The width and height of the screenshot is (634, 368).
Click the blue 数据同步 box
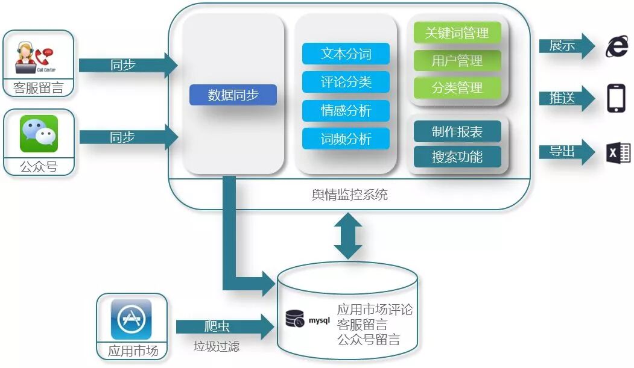click(233, 95)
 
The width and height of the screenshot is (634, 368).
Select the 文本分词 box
click(346, 54)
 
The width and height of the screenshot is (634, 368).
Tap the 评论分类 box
click(346, 82)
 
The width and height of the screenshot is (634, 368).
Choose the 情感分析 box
click(346, 111)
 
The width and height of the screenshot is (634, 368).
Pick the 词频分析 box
click(346, 139)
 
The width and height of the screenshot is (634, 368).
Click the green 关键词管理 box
click(457, 33)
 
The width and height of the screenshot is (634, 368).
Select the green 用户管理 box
click(457, 61)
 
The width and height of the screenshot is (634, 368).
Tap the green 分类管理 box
click(457, 88)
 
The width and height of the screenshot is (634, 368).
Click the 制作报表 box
click(457, 132)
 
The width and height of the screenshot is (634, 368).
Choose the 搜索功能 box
click(457, 157)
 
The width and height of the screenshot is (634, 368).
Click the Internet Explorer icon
click(617, 46)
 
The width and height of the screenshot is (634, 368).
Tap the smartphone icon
click(616, 98)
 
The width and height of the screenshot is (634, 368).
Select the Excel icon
click(618, 153)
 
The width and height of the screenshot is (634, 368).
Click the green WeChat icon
click(39, 134)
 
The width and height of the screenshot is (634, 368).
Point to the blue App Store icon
click(131, 319)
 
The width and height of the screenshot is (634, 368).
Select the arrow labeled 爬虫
click(223, 327)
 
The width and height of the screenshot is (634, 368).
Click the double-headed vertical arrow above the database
click(349, 235)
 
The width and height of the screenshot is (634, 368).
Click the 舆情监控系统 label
click(349, 195)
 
